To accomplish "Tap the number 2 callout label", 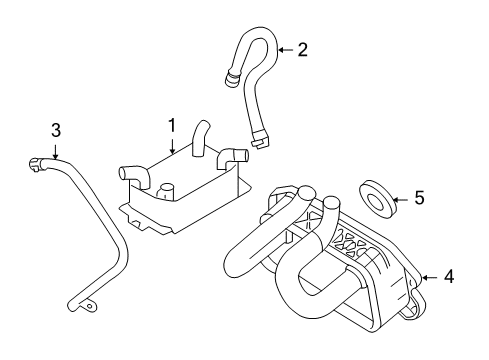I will pos(302,49).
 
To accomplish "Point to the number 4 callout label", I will pos(448,276).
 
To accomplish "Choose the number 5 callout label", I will pos(419,198).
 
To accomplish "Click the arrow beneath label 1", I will pos(172,147).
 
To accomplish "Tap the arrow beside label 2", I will pos(283,49).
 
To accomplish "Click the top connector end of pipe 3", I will pos(37,157).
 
